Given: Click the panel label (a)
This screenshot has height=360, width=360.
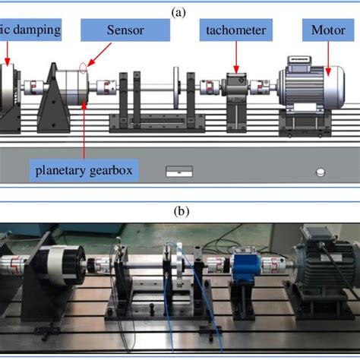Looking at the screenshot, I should [x=179, y=11].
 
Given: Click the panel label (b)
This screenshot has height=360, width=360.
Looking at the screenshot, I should [x=179, y=211].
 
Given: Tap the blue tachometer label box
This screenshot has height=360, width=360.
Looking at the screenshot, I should [x=235, y=30].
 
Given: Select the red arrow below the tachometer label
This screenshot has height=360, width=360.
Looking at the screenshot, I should [x=235, y=57].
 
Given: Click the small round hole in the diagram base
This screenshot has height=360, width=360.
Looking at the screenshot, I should [x=320, y=172].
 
